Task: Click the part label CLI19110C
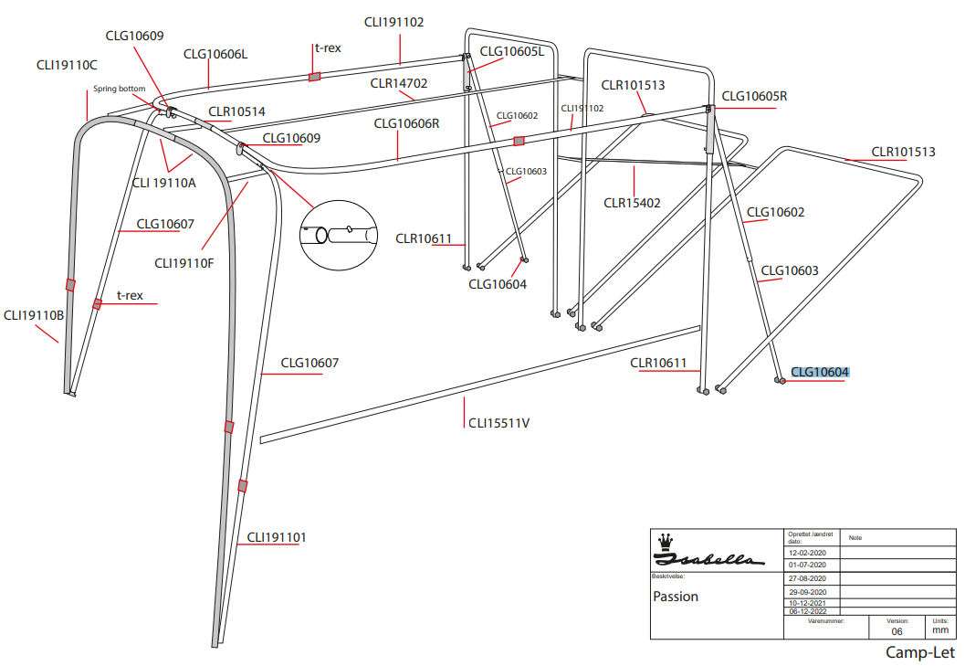click(x=67, y=66)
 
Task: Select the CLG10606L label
click(x=215, y=54)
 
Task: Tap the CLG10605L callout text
click(x=511, y=51)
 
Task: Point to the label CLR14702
click(x=399, y=83)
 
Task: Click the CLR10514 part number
click(x=236, y=112)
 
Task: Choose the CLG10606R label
click(x=407, y=123)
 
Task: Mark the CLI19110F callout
click(x=184, y=263)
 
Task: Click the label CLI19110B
click(x=34, y=315)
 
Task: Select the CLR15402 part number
click(x=632, y=202)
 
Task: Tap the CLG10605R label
click(x=754, y=96)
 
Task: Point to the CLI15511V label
click(x=498, y=423)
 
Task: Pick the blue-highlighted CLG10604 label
click(x=820, y=372)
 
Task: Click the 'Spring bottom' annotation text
click(x=119, y=89)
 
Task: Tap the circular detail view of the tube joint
click(x=338, y=235)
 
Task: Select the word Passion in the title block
click(x=676, y=597)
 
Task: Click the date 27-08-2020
click(x=806, y=578)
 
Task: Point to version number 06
click(x=897, y=631)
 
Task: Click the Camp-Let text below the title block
click(x=919, y=652)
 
